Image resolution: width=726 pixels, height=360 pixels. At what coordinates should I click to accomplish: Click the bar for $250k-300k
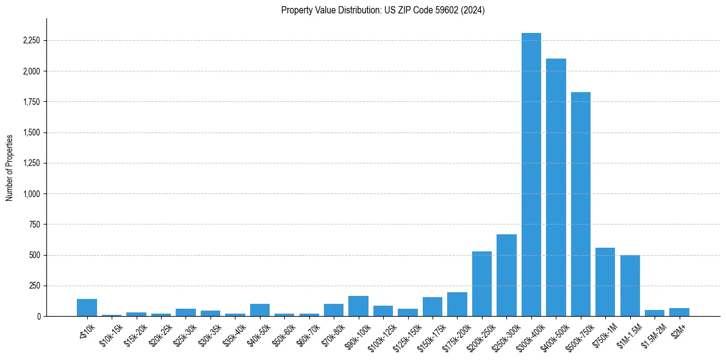(x=506, y=275)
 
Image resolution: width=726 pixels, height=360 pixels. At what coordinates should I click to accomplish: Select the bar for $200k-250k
(x=482, y=284)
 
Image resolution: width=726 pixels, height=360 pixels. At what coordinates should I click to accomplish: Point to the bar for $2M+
(x=679, y=312)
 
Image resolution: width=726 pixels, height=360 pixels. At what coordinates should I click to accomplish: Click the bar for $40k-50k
(x=260, y=310)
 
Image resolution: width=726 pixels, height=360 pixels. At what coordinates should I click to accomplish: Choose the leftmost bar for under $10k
(x=87, y=308)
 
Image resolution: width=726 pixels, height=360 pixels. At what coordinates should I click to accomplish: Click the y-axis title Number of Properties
(x=10, y=167)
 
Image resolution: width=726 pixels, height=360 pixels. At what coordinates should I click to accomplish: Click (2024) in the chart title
(x=474, y=10)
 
